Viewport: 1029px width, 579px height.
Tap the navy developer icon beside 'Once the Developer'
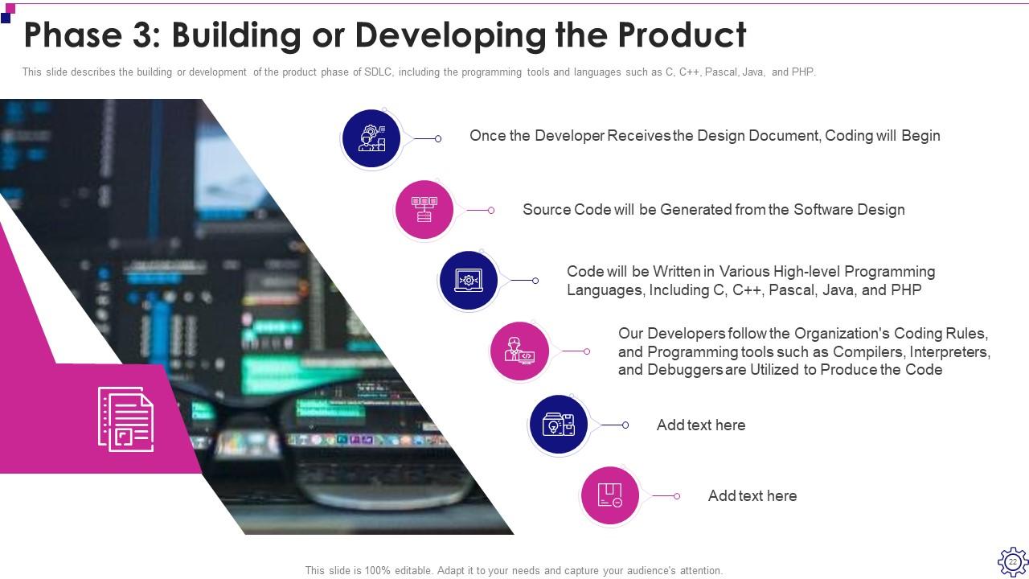coord(371,138)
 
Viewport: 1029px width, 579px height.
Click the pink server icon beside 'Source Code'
coord(424,209)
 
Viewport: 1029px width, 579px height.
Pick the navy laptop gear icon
coord(469,280)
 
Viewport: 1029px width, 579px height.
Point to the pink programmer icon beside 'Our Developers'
coord(519,351)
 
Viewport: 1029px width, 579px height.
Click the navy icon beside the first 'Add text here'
coord(559,425)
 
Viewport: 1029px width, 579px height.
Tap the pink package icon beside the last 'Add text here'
coord(610,495)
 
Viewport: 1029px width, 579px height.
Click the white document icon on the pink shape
coord(125,419)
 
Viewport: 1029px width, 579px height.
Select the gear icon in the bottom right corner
coord(1012,561)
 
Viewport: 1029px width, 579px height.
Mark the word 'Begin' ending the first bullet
coord(920,136)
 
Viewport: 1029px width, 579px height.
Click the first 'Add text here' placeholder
coord(700,425)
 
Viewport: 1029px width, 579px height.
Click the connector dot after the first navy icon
coord(438,139)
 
